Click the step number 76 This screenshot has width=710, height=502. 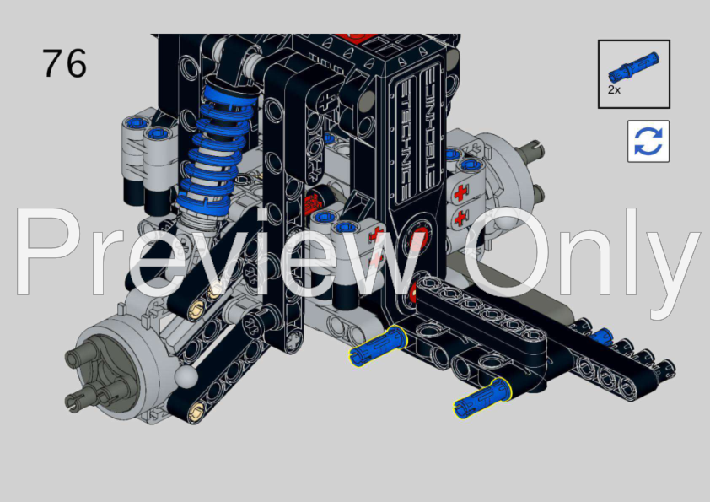[64, 63]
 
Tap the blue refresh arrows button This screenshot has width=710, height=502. [648, 141]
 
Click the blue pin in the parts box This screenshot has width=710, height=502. [633, 67]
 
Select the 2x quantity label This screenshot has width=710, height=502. [614, 89]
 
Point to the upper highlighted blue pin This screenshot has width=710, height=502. [377, 345]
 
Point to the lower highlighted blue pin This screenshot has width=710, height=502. [482, 397]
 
